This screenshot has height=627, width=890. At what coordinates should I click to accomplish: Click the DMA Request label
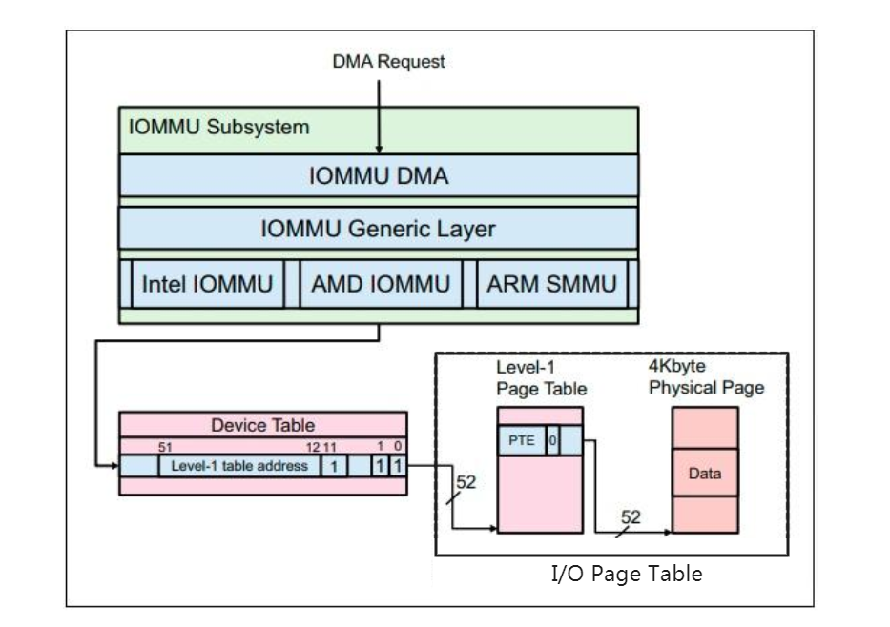click(x=388, y=62)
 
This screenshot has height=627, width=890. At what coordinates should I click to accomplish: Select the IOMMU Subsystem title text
click(x=218, y=129)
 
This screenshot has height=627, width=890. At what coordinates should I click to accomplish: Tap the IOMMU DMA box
click(x=378, y=176)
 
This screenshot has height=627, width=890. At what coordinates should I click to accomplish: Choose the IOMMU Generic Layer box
click(x=378, y=229)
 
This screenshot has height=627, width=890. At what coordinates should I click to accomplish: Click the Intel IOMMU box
click(x=207, y=283)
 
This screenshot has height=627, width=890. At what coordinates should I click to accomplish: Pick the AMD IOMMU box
click(x=379, y=283)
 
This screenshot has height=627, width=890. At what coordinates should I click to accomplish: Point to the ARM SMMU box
click(x=550, y=283)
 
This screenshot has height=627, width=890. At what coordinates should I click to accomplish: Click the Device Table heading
click(x=263, y=426)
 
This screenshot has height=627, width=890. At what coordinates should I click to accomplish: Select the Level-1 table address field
click(x=238, y=466)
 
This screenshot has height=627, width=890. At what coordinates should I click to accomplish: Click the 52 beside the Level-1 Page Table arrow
click(x=465, y=483)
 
